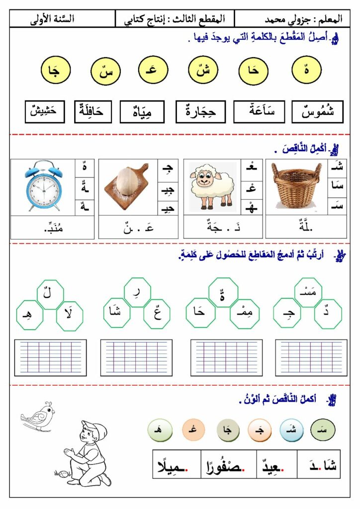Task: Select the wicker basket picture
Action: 296,186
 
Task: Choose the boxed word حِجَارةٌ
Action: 200,112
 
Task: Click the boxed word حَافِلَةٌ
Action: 93,111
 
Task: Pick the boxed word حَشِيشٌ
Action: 45,111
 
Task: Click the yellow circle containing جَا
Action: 54,71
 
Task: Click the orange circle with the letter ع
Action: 193,429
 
